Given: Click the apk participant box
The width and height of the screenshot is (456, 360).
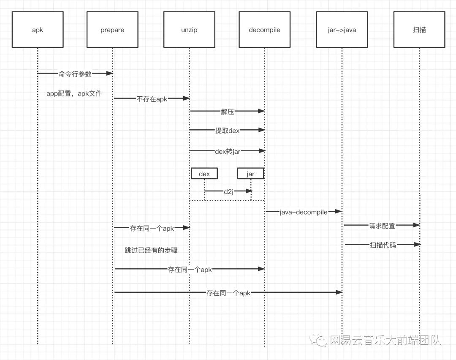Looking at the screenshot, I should click(x=38, y=30).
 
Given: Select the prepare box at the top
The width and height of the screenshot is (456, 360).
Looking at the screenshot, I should click(x=112, y=30).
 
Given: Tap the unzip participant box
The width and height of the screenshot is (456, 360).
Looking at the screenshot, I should click(x=189, y=30).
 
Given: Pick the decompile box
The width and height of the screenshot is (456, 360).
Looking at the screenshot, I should click(x=264, y=30).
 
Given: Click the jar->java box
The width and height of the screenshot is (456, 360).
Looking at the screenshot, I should click(x=342, y=30).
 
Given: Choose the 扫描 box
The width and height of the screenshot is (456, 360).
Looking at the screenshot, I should click(x=419, y=30).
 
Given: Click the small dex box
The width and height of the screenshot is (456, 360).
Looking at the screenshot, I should click(x=204, y=174).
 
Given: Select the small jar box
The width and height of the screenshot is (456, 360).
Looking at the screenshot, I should click(x=250, y=174).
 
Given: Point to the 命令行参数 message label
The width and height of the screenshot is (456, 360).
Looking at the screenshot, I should click(x=75, y=74).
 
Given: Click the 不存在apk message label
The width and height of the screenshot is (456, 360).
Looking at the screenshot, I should click(x=152, y=99).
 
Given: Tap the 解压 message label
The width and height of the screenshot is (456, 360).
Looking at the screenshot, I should click(x=227, y=112).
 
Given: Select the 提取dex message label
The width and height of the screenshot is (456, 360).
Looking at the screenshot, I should click(x=227, y=131).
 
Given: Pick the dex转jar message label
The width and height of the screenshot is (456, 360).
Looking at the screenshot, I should click(x=228, y=151).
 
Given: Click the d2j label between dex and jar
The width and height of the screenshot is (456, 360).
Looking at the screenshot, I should click(x=228, y=191).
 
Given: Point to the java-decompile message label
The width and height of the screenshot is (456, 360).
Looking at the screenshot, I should click(x=303, y=212).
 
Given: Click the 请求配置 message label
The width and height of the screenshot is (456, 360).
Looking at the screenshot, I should click(x=382, y=226).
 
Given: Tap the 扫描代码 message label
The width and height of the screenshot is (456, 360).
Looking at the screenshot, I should click(x=383, y=245).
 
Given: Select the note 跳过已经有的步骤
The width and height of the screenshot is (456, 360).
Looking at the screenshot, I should click(x=151, y=250).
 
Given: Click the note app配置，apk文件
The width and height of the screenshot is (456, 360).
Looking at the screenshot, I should click(x=74, y=93).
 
